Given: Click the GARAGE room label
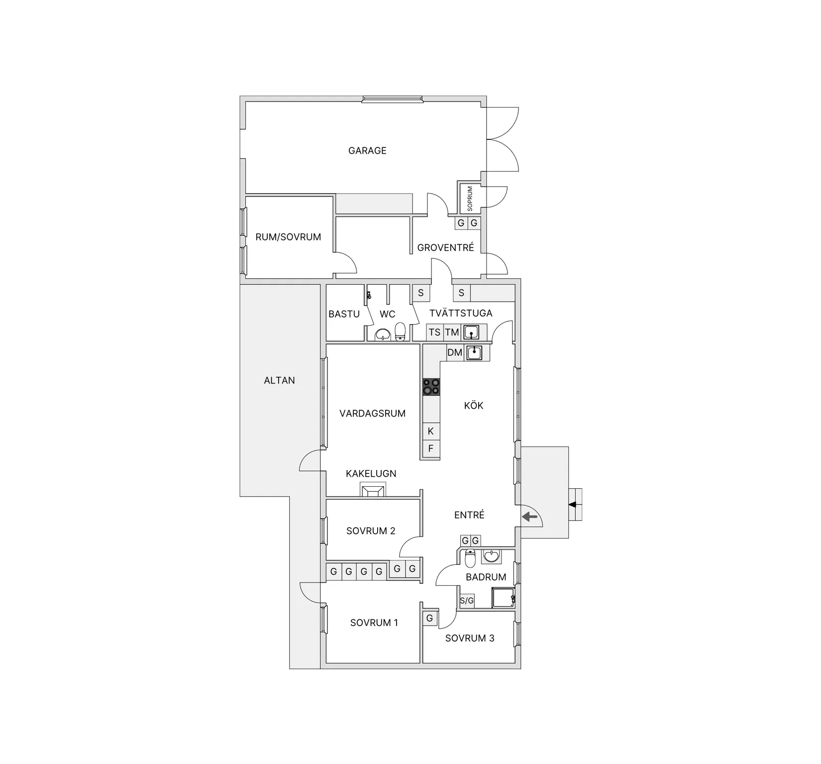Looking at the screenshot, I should [367, 150].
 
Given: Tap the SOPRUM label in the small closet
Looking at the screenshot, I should [470, 198].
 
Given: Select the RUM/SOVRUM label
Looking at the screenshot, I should [288, 237].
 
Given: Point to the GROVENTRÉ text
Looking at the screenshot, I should [445, 247].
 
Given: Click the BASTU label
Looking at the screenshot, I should [344, 314].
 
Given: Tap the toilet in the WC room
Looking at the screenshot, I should [400, 331].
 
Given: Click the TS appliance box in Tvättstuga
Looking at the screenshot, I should [434, 332].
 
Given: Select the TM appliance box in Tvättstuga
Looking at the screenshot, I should [452, 332].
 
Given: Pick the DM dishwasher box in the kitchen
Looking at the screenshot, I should [455, 352].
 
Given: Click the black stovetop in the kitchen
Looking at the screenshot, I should [431, 387].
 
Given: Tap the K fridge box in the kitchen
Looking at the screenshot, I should [431, 431].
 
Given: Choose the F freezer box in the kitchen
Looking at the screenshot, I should [431, 448].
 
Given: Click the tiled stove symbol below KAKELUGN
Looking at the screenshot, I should [372, 491].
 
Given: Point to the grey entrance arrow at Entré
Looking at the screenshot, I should [530, 518].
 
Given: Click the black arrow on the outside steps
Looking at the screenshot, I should [573, 505].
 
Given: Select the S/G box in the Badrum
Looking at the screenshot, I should [467, 601].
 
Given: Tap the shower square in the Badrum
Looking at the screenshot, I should [503, 597].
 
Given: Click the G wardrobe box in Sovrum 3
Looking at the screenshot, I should [429, 618].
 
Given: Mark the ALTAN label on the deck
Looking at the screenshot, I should [279, 380].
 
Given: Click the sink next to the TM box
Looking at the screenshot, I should [471, 332].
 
